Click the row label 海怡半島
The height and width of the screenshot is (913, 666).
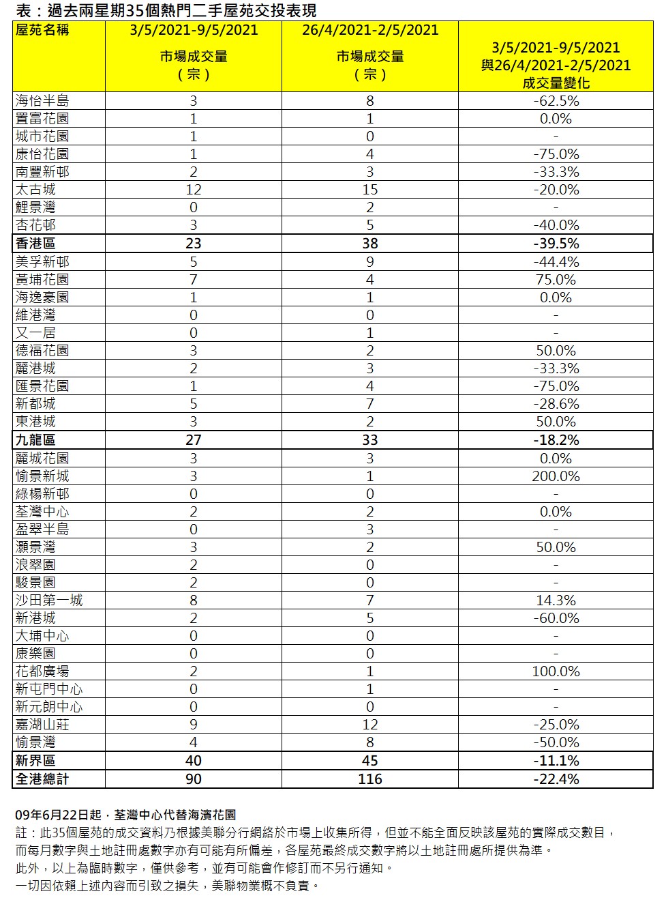(x=42, y=101)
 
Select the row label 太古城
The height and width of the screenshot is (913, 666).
(x=35, y=190)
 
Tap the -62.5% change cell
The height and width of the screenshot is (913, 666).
(x=556, y=101)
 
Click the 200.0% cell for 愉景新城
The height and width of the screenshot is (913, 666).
(x=556, y=476)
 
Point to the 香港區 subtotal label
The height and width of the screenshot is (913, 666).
(x=35, y=244)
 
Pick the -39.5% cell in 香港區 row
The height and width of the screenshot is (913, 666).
(x=556, y=244)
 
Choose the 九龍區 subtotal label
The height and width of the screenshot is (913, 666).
(x=35, y=440)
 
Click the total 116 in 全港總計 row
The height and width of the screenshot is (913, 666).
(x=369, y=779)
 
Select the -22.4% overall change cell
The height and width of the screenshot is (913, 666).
(x=556, y=779)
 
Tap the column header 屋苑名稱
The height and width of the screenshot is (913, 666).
(x=42, y=30)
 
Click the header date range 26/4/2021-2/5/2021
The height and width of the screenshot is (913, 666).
(x=369, y=30)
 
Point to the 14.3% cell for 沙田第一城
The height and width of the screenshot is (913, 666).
(x=556, y=600)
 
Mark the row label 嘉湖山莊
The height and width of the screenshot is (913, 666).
(x=42, y=725)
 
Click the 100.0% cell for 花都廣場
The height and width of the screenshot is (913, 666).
(x=556, y=671)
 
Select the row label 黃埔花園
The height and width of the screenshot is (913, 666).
(x=42, y=280)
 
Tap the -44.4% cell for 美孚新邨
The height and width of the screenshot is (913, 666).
(x=556, y=262)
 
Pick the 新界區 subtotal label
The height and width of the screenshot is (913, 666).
(x=35, y=761)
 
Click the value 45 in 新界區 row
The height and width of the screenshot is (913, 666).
(x=369, y=761)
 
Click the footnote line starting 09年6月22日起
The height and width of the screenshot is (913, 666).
(x=125, y=815)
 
